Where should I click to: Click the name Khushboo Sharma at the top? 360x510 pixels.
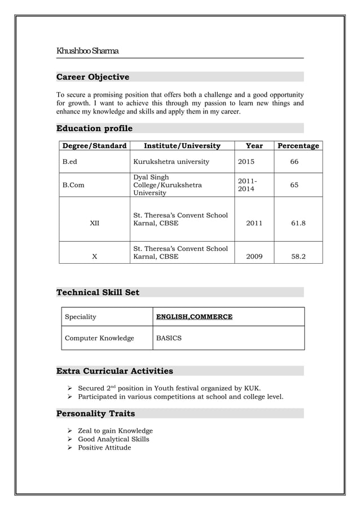(87, 51)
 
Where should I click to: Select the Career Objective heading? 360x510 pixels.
(93, 77)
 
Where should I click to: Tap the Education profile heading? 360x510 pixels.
(94, 128)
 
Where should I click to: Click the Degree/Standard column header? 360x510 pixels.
(94, 146)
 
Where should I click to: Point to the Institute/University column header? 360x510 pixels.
(182, 146)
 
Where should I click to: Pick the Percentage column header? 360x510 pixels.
(298, 146)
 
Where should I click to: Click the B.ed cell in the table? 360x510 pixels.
(69, 162)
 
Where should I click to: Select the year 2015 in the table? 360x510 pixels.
(246, 162)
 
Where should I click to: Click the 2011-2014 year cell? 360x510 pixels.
(246, 185)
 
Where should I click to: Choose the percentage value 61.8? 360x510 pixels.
(298, 223)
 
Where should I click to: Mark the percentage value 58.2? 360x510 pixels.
(298, 256)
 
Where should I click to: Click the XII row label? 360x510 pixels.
(94, 223)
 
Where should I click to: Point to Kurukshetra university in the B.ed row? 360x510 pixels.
(171, 162)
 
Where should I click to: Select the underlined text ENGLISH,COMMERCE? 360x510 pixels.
(194, 317)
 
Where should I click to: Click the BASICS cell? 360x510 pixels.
(169, 338)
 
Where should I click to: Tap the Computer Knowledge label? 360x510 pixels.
(99, 338)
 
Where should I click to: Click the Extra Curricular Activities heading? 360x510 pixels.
(115, 371)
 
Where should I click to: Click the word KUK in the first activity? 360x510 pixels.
(251, 388)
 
